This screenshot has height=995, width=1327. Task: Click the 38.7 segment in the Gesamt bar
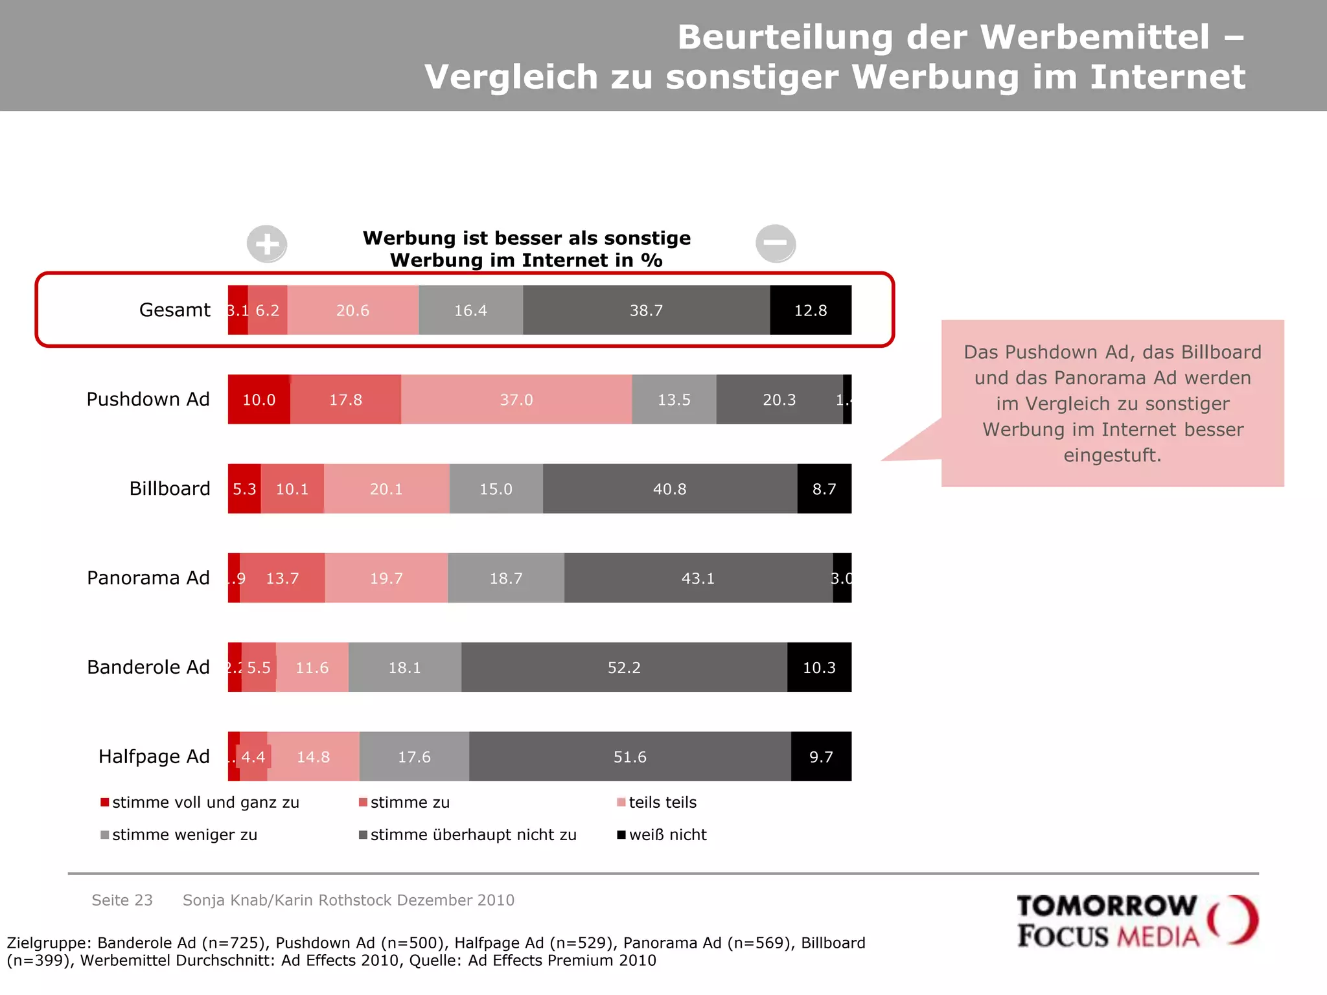click(646, 310)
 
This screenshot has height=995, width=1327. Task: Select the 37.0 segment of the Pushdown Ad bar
click(516, 400)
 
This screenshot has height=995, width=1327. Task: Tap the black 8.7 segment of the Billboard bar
click(824, 489)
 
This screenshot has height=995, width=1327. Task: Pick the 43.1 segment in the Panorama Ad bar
click(698, 578)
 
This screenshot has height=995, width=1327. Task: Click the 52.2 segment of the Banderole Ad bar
click(624, 668)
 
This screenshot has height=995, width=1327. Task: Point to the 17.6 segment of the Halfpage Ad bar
click(414, 757)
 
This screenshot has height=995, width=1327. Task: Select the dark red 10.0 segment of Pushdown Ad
click(259, 400)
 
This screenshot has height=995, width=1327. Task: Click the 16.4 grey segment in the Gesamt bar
click(470, 310)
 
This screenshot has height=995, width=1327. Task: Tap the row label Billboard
click(170, 488)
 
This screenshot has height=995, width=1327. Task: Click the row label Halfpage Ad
click(154, 757)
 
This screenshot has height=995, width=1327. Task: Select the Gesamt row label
click(175, 310)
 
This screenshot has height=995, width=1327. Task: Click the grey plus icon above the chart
click(267, 244)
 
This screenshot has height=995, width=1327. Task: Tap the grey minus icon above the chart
click(776, 243)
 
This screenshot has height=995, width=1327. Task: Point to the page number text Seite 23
click(122, 900)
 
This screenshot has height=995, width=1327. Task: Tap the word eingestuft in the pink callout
click(1113, 455)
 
